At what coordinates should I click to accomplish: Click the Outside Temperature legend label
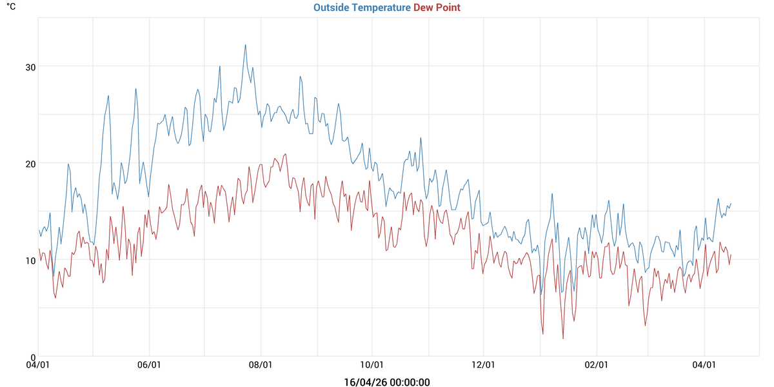[362, 8]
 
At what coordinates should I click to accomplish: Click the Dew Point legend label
[437, 8]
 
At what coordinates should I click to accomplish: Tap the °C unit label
[11, 6]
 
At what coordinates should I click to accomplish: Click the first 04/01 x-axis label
[38, 364]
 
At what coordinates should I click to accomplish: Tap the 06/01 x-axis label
[149, 364]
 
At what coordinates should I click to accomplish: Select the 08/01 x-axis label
[261, 364]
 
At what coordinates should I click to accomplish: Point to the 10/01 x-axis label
[372, 364]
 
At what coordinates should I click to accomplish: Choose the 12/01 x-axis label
[484, 364]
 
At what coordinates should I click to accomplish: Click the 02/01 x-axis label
[596, 364]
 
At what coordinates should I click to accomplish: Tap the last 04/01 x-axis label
[704, 364]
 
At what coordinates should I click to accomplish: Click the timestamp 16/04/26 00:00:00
[387, 382]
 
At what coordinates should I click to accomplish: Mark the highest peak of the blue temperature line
[246, 45]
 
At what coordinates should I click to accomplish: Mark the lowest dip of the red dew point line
[563, 339]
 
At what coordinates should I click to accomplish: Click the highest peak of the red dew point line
[286, 154]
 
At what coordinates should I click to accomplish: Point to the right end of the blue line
[731, 204]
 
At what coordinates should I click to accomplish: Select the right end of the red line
[731, 255]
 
